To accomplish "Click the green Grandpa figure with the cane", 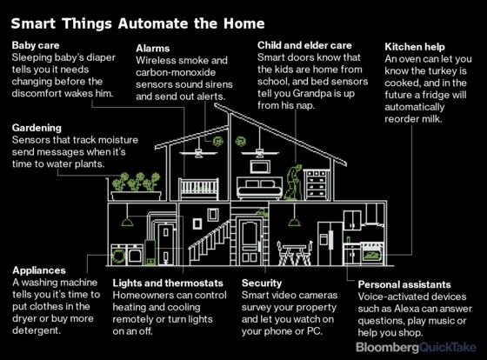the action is click(x=293, y=183).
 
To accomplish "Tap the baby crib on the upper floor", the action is click(x=199, y=188).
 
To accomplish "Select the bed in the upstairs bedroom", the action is click(x=260, y=188).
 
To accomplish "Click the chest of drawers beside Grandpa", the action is click(x=317, y=184).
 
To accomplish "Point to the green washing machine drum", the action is click(x=118, y=256).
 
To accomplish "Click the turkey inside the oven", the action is click(x=371, y=256).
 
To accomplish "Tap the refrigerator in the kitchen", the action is click(x=330, y=243).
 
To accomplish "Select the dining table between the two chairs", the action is click(x=295, y=254).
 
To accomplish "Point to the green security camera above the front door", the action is click(x=262, y=213).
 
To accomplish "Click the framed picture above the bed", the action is click(x=260, y=167).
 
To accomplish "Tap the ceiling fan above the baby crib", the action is click(x=198, y=152).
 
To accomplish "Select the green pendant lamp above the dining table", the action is click(x=294, y=222).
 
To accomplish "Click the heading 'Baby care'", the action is click(x=36, y=45).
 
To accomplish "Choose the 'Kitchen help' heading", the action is click(x=415, y=47).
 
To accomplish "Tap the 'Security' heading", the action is click(x=262, y=283).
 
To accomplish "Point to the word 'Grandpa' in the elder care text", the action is click(x=312, y=94).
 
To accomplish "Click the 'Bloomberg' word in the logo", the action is click(x=388, y=347).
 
